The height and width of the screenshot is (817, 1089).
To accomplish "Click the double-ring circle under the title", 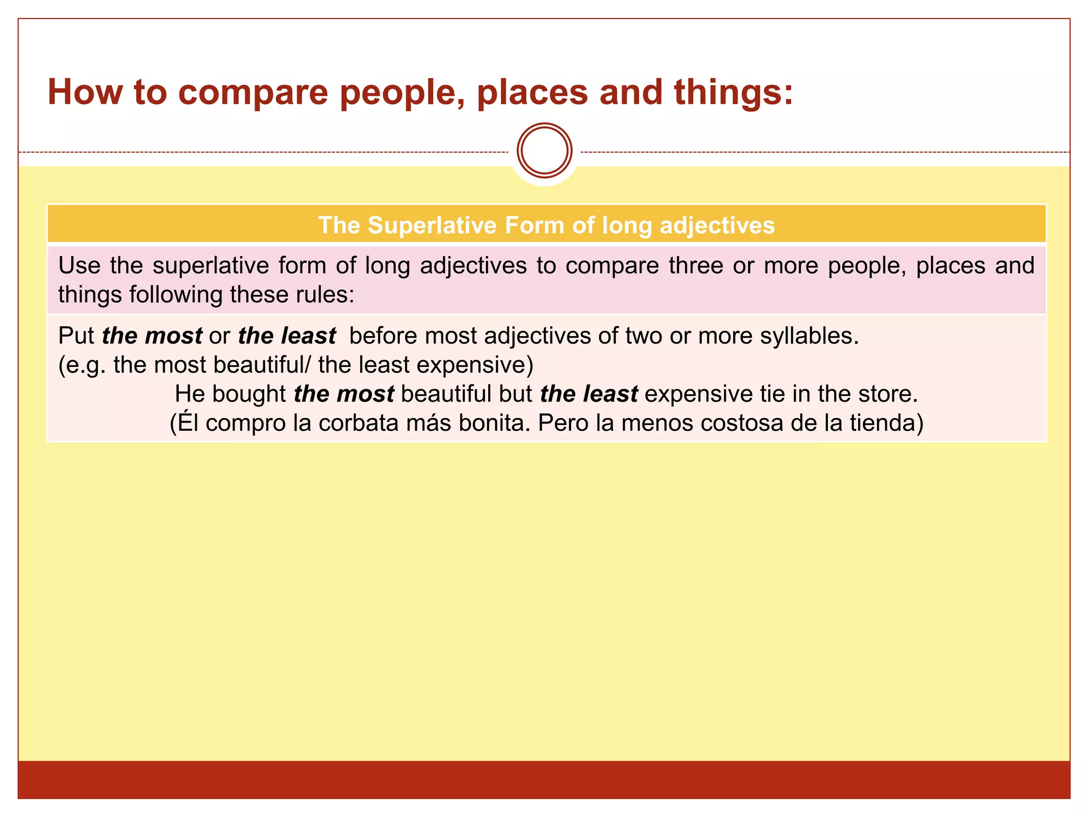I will [x=544, y=151].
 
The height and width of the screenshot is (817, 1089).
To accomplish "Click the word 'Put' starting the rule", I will [x=76, y=336].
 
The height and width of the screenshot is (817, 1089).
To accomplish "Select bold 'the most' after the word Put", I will [x=152, y=336].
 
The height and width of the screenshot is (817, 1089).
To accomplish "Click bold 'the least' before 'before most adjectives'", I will [x=287, y=336].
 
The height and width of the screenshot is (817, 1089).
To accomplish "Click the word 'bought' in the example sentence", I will [x=249, y=394].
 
